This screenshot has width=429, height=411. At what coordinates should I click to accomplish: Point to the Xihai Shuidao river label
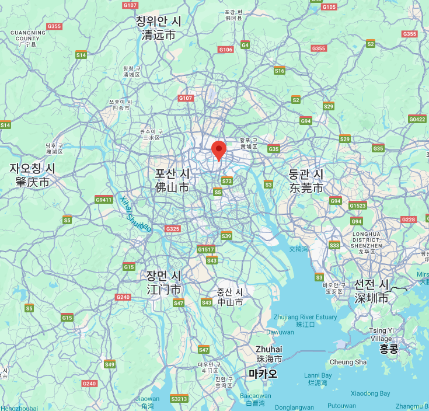[x=135, y=214]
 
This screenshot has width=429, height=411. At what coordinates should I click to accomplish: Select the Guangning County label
[x=27, y=37]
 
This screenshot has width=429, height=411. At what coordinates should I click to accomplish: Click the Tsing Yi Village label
[x=381, y=335]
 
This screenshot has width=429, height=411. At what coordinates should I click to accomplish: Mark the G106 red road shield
[x=226, y=50]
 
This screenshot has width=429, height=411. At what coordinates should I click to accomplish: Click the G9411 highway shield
[x=103, y=200]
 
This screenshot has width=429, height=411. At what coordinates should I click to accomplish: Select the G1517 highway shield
[x=205, y=249]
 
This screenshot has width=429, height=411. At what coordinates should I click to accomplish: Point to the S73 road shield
[x=227, y=181]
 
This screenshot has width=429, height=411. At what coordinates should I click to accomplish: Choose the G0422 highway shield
[x=417, y=119]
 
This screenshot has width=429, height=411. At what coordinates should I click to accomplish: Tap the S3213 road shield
[x=179, y=399]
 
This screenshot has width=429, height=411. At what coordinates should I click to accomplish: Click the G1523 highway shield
[x=357, y=206]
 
